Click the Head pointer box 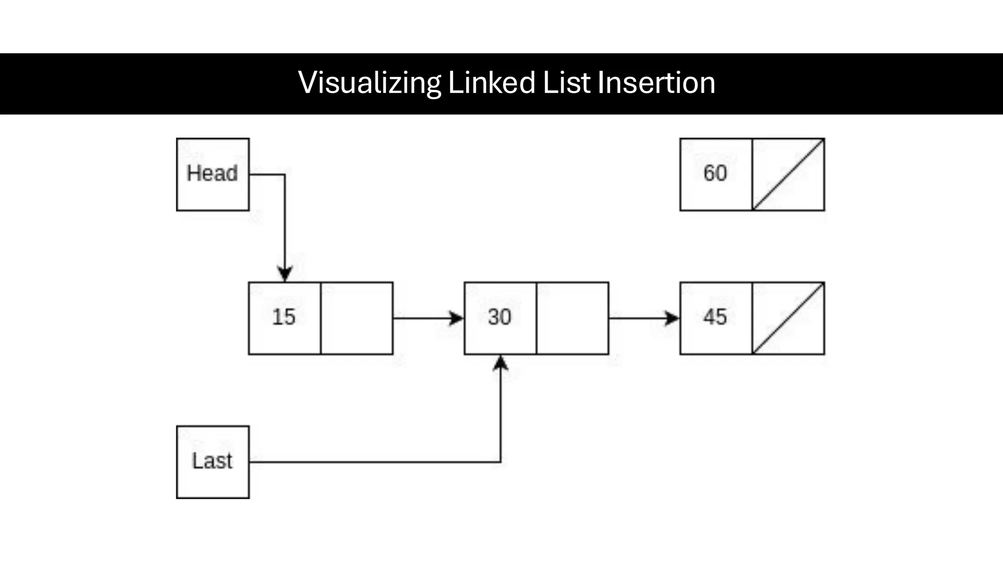coord(213,174)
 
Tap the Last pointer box coord(213,462)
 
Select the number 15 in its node coord(284,317)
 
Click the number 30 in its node coord(500,317)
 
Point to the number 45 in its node coord(715,317)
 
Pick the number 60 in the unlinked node coord(715,173)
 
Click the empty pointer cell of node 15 coord(357,318)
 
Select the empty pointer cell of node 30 coord(573,318)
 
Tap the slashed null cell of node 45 coord(788,318)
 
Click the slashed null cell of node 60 coord(788,174)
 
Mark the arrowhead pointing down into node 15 coord(285,274)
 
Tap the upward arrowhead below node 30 coord(501,363)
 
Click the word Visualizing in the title coord(369,83)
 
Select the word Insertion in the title coord(656,83)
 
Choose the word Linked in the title coord(492,83)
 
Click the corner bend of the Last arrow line coord(501,462)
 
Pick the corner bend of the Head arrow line coord(285,174)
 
